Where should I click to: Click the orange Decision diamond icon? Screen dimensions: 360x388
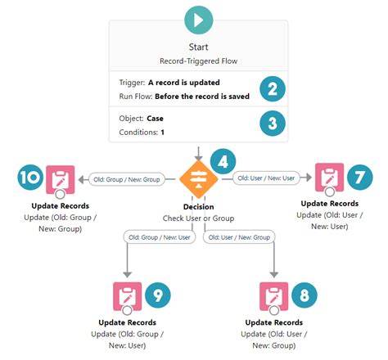(199, 178)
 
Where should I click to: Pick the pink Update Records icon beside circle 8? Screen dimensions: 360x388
(273, 295)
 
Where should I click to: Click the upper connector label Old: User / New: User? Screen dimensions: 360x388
(264, 177)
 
